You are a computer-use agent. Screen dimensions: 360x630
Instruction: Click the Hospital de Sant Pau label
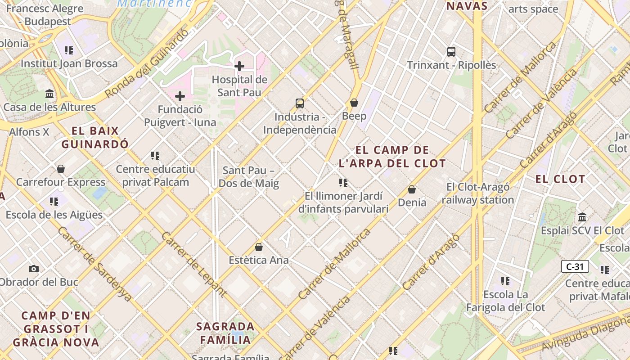[239, 86]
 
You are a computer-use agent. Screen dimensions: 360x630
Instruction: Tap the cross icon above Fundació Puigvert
[180, 96]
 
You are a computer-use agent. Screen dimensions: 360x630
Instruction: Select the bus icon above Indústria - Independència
[300, 103]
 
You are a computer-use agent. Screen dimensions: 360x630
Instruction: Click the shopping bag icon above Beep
[354, 103]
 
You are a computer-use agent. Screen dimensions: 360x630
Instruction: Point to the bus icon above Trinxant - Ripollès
[451, 51]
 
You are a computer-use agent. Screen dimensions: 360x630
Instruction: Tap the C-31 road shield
[575, 266]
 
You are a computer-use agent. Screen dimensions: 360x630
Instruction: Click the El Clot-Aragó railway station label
[478, 193]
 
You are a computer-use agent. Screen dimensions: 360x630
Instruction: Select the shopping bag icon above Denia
[412, 189]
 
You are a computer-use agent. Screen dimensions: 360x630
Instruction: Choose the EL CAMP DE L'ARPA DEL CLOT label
[392, 157]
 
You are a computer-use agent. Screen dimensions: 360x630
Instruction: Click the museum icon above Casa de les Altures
[49, 94]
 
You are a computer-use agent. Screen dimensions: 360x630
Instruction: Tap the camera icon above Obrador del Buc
[34, 269]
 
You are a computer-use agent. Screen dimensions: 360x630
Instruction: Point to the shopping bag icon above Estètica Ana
[259, 247]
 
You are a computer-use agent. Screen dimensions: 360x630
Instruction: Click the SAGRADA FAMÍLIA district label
[225, 333]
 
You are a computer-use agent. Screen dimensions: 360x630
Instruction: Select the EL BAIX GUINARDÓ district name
[95, 138]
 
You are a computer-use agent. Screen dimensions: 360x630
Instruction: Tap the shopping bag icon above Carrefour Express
[61, 169]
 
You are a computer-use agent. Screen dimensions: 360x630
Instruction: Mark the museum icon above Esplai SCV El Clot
[583, 217]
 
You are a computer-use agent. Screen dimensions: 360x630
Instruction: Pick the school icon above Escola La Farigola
[505, 281]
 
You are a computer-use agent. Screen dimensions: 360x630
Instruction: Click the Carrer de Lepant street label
[193, 264]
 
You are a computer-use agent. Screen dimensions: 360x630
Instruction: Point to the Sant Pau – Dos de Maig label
[249, 177]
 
